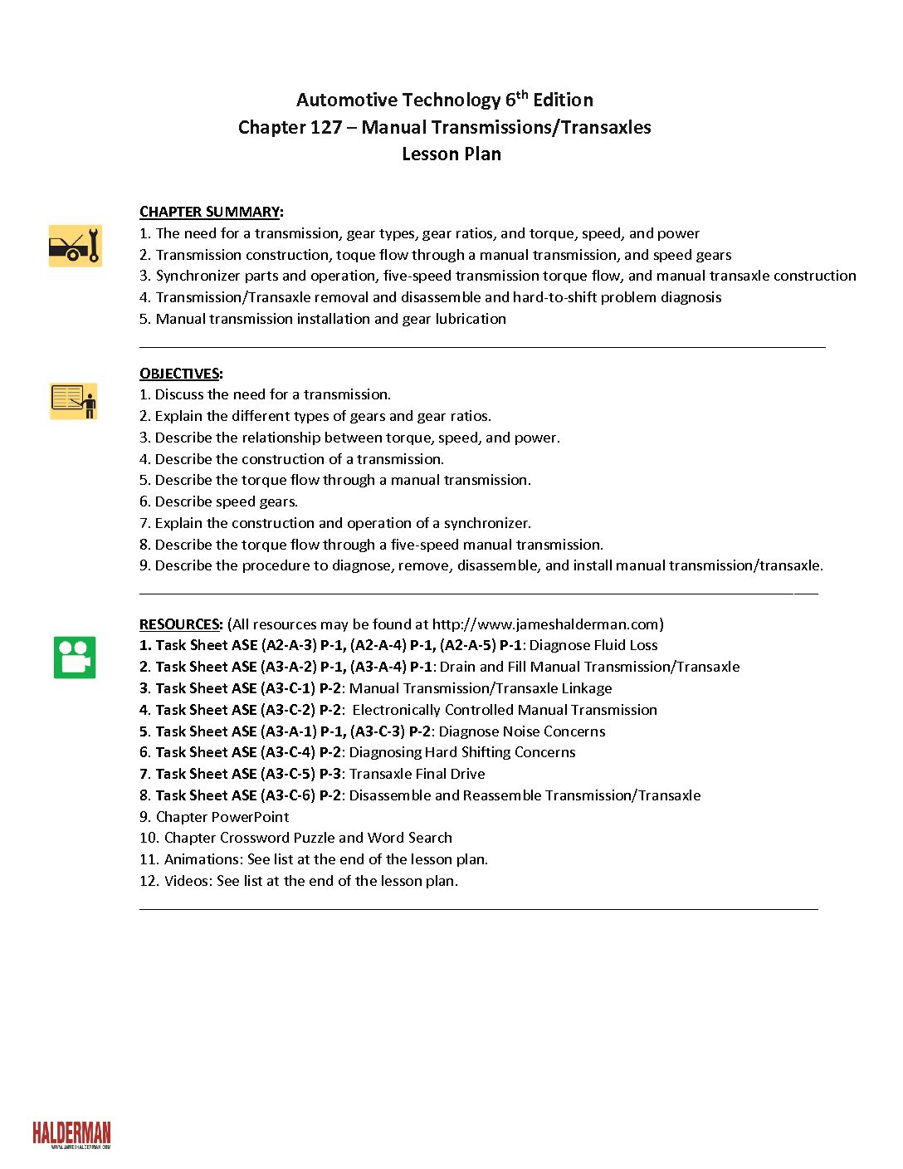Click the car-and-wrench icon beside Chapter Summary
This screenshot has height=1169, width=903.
pos(75,246)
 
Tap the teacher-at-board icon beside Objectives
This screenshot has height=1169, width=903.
pos(74,401)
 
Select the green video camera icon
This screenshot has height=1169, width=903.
pos(75,657)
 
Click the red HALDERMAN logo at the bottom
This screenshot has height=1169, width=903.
pos(71,1134)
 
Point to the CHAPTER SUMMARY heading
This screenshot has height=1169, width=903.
pos(210,212)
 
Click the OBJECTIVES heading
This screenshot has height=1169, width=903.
pos(179,374)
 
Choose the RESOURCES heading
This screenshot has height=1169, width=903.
pos(180,624)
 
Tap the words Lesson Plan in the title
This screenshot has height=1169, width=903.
pos(451,154)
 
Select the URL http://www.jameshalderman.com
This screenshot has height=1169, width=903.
pos(545,624)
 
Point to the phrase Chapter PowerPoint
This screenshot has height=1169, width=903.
pos(222,817)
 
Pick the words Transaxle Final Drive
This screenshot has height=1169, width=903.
pos(417,774)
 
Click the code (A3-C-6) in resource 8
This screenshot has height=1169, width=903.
pos(288,795)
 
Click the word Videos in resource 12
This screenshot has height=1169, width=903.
pos(186,881)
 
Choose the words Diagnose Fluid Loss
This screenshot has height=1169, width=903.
pos(593,645)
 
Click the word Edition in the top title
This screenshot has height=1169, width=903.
pos(563,100)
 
